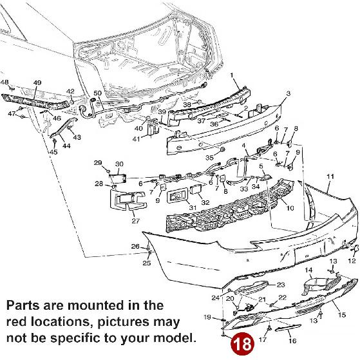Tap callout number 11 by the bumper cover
330,176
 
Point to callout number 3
289,94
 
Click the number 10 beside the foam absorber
290,208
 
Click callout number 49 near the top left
37,83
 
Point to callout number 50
97,94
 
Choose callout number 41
136,138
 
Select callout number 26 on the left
135,246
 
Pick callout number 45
53,153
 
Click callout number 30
119,164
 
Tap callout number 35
209,156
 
